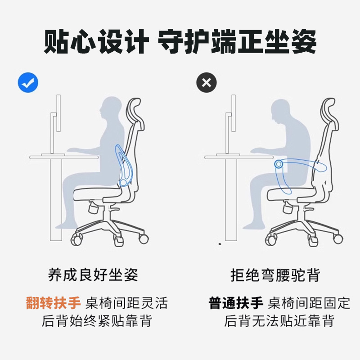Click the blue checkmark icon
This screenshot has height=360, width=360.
point(28,82)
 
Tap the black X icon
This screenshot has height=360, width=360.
point(207,82)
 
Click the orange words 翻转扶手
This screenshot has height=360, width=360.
point(53,302)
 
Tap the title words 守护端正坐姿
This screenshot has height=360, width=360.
point(237,43)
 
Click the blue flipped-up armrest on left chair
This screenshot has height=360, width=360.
point(123,164)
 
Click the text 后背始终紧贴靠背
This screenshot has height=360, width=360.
point(97,321)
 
